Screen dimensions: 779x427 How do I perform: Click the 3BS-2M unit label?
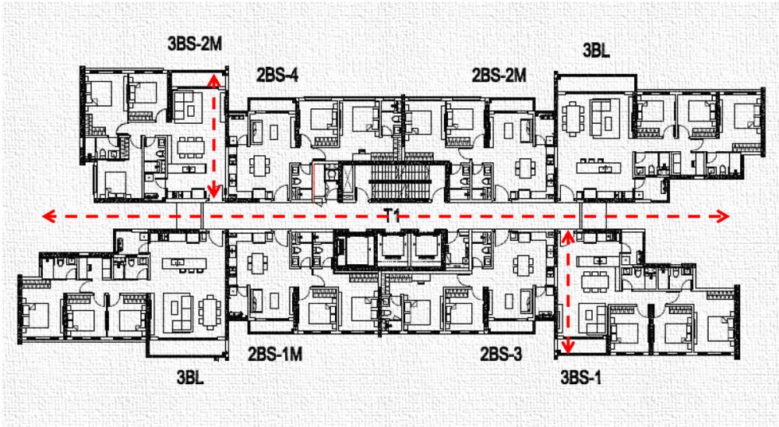pos(195,44)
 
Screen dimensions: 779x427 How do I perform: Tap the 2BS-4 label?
pos(277,75)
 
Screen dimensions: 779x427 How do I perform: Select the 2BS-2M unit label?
pos(499,75)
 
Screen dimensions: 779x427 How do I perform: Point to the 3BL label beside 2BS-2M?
pos(596,50)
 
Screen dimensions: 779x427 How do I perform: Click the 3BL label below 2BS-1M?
pos(190,377)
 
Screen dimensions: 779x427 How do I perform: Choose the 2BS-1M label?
pos(275,354)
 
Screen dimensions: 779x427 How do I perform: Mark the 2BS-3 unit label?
pos(501,354)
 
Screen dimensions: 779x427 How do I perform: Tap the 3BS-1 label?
pos(580,377)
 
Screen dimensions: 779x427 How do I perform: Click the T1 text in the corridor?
pos(392,217)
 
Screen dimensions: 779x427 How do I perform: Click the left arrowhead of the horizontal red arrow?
pos(48,217)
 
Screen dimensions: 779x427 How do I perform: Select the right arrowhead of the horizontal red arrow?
pos(722,217)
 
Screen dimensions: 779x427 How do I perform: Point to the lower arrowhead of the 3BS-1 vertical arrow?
pos(567,347)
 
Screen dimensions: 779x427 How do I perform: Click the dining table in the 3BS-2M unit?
pos(192,147)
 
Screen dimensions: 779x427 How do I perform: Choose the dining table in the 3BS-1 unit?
pos(595,281)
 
